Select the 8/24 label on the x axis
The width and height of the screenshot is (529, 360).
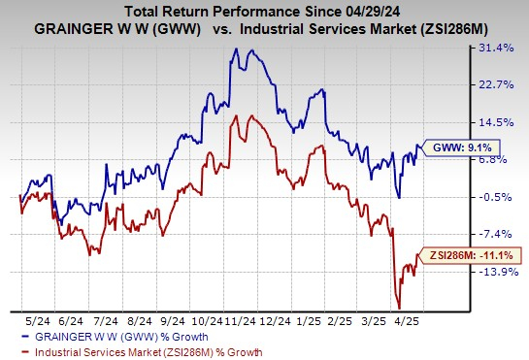[141, 319]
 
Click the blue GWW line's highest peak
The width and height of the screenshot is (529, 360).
[236, 48]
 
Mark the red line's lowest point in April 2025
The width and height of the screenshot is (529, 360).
[398, 307]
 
